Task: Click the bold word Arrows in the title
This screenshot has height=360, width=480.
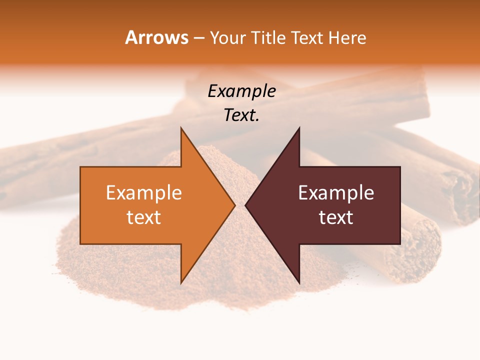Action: (156, 37)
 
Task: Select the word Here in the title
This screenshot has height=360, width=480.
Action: (347, 38)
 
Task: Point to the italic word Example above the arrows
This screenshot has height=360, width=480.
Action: (241, 91)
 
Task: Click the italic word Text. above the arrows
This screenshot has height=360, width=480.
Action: (241, 115)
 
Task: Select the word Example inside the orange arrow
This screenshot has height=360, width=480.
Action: (143, 192)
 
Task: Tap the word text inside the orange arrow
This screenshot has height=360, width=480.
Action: (143, 217)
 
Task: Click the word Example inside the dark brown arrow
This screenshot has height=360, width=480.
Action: (336, 192)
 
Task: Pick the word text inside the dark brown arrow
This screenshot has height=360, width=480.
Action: (336, 217)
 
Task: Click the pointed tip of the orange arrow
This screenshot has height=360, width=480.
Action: (234, 205)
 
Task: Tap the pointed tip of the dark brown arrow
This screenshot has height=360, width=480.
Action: (246, 205)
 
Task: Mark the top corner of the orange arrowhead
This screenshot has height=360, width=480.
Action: (181, 128)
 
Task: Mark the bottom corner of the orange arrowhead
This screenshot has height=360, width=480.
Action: (181, 282)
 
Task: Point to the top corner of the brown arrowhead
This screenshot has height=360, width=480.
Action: (299, 128)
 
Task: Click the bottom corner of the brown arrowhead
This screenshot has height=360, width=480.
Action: (299, 282)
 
